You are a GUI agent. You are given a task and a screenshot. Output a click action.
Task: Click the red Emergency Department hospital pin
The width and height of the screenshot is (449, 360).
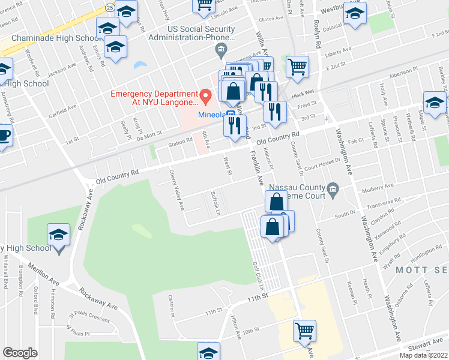[205, 94]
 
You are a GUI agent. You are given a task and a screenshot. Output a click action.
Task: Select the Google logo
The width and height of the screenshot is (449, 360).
[20, 353]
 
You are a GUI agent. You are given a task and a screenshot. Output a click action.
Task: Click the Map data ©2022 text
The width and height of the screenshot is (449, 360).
[424, 355]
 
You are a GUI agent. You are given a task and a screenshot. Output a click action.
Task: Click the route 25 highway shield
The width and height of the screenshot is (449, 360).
[109, 7]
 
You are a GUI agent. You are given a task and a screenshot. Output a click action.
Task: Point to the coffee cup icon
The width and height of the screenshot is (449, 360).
[4, 135]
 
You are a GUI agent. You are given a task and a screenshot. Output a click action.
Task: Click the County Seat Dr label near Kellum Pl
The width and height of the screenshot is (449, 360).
[295, 146]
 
